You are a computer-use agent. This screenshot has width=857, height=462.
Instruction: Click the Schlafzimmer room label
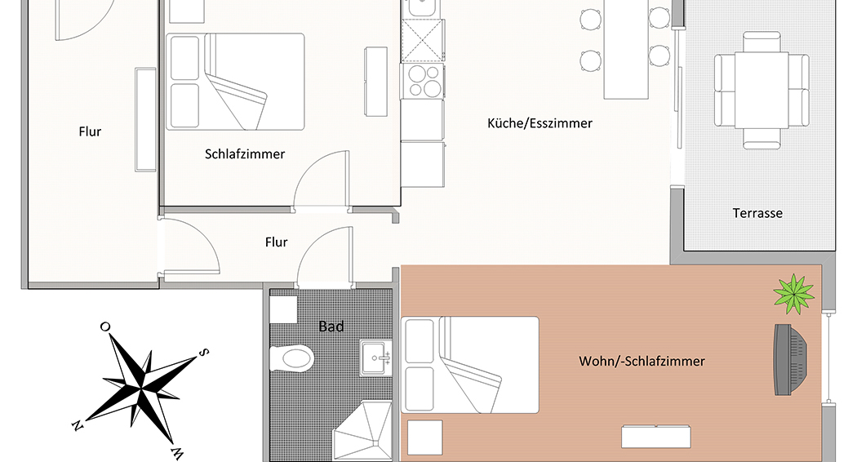point(245,154)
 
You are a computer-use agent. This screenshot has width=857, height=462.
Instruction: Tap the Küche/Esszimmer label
point(540,123)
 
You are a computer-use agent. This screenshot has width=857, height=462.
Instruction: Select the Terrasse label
point(757,213)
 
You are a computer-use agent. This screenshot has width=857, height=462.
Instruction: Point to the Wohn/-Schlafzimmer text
point(642,362)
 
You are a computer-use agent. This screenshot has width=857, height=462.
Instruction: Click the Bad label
point(331,327)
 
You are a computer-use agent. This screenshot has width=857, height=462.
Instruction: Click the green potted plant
point(794,294)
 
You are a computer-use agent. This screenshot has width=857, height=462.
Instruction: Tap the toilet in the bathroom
point(292,359)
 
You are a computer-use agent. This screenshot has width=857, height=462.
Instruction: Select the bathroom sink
point(376,358)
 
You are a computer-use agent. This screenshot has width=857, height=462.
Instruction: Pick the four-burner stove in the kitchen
point(423,81)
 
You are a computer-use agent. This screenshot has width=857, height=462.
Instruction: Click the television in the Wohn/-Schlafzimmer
point(790,359)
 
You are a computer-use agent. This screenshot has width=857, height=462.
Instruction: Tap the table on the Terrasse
point(762,91)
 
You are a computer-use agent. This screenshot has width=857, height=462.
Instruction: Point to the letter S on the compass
point(202,352)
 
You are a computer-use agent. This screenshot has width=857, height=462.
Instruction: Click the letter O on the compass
point(104,327)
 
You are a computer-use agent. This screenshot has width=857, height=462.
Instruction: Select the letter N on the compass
point(78,425)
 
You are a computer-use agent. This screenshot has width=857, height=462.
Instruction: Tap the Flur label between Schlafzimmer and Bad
point(276,242)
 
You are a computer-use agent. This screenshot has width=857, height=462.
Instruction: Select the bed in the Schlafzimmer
point(235,82)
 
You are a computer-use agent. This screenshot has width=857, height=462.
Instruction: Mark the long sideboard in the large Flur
point(145,120)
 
